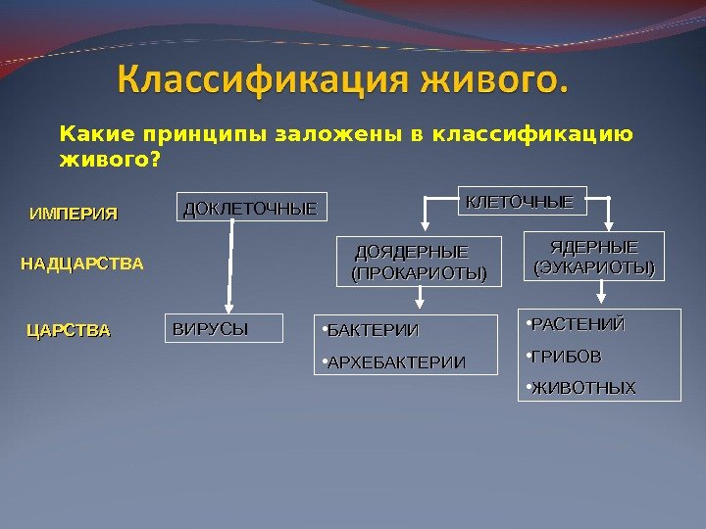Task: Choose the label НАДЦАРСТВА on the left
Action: (82, 264)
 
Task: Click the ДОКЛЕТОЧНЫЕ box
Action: (251, 209)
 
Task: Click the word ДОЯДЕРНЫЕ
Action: (412, 252)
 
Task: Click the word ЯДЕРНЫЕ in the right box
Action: (594, 246)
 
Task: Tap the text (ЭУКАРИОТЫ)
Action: (594, 266)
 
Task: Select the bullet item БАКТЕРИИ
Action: (376, 330)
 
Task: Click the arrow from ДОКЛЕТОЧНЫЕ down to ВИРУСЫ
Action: (231, 264)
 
